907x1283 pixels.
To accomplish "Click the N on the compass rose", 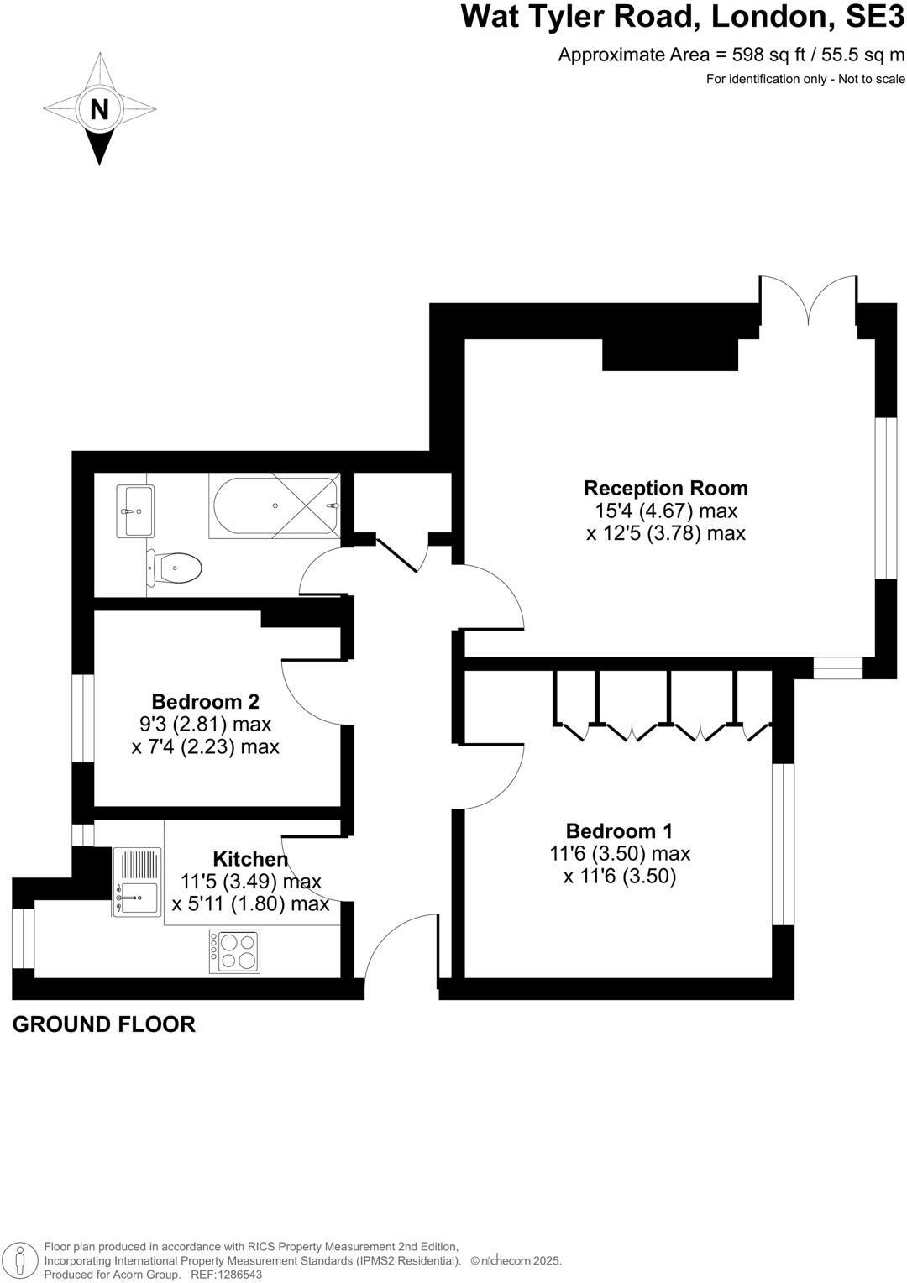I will [x=99, y=110].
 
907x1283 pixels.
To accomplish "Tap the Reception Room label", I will [x=665, y=488].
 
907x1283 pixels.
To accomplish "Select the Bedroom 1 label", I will [x=619, y=830].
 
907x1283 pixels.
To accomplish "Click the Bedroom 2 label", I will [x=205, y=701].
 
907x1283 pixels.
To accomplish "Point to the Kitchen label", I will [x=249, y=859].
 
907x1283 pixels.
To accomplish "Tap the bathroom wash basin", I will [x=135, y=511].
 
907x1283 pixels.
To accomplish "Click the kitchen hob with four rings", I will [x=234, y=951].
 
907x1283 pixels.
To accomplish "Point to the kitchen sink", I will [x=136, y=898].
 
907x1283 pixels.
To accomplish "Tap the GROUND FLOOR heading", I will [x=104, y=1024].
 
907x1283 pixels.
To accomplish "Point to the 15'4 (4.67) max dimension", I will [x=665, y=511].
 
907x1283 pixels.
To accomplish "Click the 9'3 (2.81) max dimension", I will [x=205, y=724].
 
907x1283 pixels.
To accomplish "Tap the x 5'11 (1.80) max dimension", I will [x=250, y=904].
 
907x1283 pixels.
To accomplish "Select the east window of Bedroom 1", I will [x=783, y=843].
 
